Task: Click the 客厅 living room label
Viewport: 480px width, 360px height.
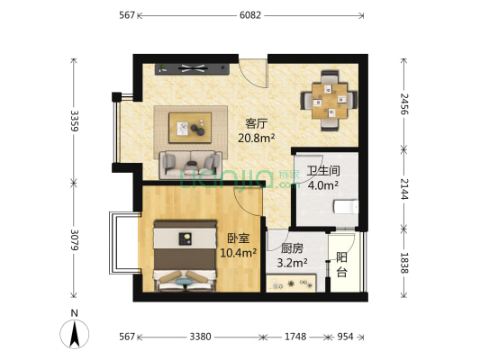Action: tap(258, 124)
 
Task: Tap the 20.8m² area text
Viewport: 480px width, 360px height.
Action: tap(257, 139)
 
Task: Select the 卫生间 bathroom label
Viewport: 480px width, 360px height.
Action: tap(322, 171)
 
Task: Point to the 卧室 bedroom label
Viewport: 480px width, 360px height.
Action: tap(239, 239)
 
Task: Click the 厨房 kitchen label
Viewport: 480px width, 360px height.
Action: tap(291, 249)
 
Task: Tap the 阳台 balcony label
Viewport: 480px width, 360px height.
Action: tap(342, 264)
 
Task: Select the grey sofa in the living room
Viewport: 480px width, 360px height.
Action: tap(190, 165)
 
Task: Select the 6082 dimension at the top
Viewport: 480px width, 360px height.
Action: tap(253, 15)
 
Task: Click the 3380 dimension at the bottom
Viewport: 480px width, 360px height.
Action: tap(200, 337)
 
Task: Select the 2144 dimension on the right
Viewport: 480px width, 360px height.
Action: tap(405, 190)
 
